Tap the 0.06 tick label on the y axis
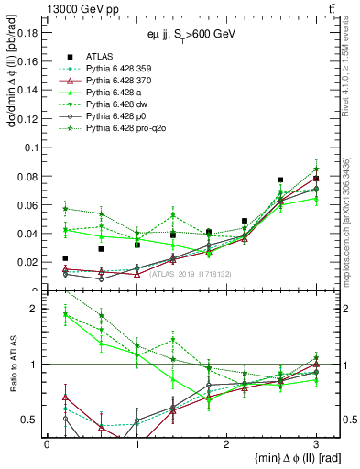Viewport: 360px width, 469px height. click(27, 204)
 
